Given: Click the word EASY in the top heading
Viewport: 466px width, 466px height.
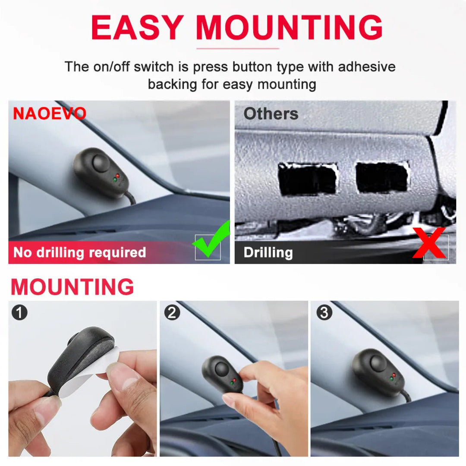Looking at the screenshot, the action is point(137,27).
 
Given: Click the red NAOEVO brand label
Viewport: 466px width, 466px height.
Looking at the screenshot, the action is point(50,113).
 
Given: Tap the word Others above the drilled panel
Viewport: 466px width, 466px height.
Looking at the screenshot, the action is point(271,113).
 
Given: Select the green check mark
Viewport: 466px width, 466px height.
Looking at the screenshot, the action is point(211,239).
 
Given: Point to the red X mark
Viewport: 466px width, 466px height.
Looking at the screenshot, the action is point(429,243).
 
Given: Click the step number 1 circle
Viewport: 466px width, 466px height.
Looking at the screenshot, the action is point(19,312).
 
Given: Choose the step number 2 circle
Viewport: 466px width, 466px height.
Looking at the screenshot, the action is point(172,312).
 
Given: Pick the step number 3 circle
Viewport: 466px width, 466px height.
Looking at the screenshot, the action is point(324,312).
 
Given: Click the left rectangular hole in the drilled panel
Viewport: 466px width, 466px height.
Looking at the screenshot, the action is point(308,179).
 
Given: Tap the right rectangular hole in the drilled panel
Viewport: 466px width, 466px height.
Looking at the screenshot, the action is point(382,178).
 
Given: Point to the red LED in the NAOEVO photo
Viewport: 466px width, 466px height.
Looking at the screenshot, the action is point(118,176).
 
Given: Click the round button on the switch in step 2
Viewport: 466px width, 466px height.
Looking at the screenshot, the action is point(221,368).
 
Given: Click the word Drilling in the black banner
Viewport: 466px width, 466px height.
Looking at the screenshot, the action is point(268,252).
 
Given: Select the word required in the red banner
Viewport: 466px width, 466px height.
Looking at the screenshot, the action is point(117,252).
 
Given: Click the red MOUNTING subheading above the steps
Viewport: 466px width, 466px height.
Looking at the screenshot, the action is point(72,287).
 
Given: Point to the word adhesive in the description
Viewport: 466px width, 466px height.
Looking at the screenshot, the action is point(367,66).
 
